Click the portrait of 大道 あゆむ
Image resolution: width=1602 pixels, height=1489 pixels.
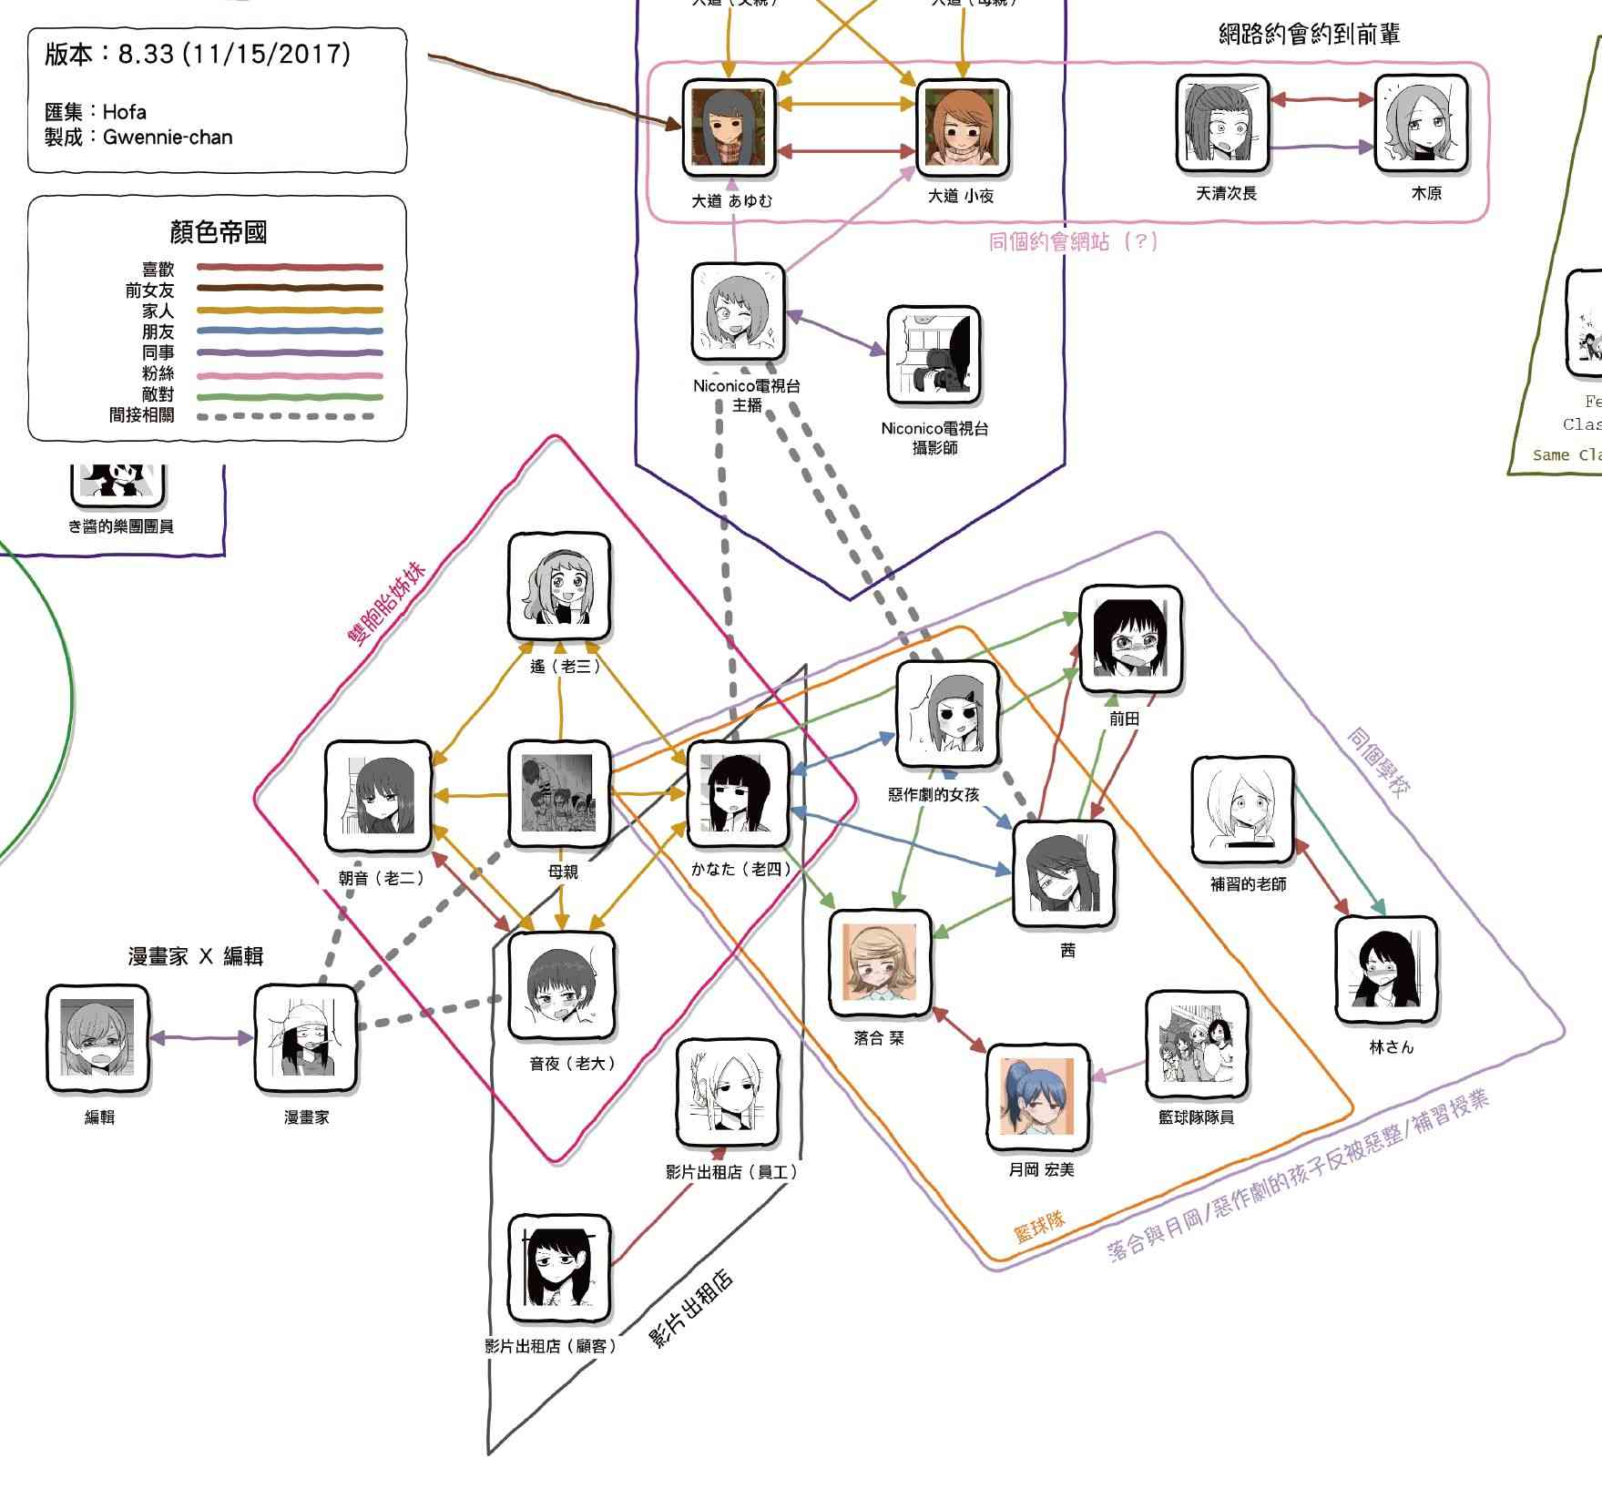tap(729, 127)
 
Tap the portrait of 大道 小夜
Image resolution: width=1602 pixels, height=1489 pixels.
tap(962, 127)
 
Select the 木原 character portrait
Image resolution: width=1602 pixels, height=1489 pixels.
tap(1421, 124)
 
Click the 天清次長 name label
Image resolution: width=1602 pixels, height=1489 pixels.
tap(1226, 193)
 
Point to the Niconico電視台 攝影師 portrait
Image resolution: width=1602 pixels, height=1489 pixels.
tap(934, 355)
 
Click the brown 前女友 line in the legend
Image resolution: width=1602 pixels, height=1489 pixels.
tap(290, 289)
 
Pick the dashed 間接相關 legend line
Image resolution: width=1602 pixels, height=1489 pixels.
tap(290, 416)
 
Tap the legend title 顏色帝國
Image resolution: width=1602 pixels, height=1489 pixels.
tap(219, 232)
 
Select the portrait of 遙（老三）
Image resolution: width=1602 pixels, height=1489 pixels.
tap(559, 586)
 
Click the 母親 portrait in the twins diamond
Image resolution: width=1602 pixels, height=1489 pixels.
tap(558, 793)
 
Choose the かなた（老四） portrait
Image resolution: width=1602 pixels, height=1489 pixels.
tap(738, 793)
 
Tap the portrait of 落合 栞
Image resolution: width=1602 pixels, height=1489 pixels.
tap(880, 962)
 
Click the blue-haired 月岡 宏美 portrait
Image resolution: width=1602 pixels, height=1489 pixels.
tap(1037, 1096)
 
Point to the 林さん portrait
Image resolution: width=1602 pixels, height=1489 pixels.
tap(1385, 969)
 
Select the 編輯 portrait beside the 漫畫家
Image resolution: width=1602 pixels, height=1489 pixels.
tap(97, 1038)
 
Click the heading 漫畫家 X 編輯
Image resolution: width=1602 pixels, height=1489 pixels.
tap(196, 956)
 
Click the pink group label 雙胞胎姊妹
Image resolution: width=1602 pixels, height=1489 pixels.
tap(387, 604)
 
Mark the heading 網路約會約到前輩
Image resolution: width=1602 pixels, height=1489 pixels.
tap(1309, 35)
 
